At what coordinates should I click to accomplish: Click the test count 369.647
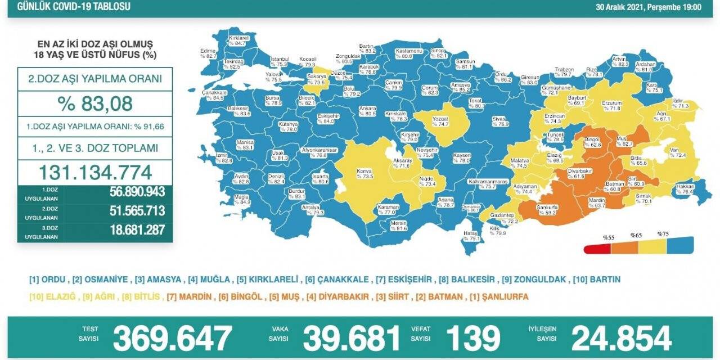pos(172,339)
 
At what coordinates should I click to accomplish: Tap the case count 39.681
pos(352,339)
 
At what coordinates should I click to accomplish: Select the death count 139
pos(472,339)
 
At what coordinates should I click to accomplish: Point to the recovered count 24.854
pos(622,339)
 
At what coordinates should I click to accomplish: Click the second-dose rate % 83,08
pos(95,103)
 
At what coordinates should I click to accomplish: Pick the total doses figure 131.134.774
pos(95,172)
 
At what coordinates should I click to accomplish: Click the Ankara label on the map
pos(368,110)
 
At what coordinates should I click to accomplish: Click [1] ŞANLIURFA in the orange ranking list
pos(502,296)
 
